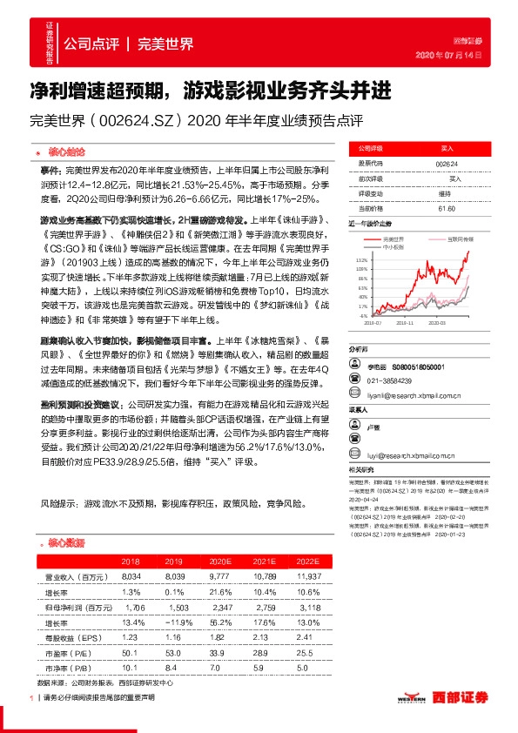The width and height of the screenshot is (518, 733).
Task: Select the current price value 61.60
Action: coord(447,207)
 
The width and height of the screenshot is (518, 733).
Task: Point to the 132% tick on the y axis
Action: coord(361,259)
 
